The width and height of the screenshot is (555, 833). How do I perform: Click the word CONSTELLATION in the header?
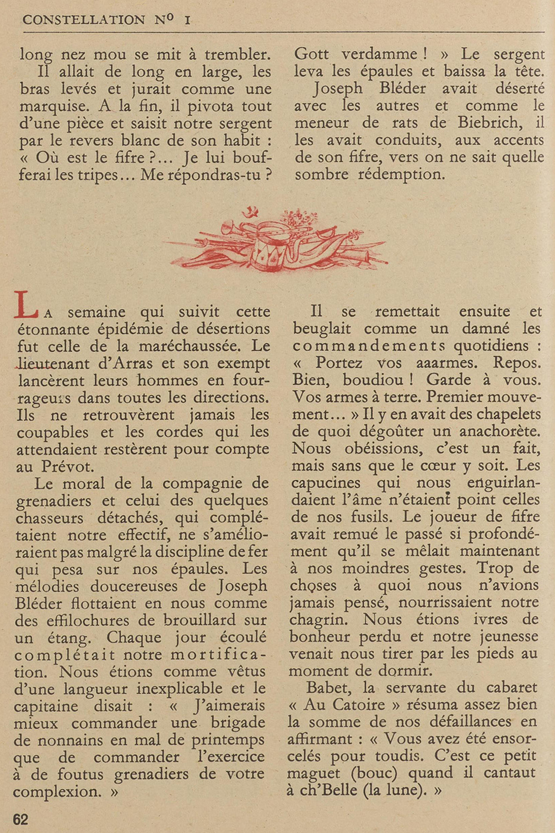(x=84, y=20)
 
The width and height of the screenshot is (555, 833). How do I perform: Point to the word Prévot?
(x=68, y=467)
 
